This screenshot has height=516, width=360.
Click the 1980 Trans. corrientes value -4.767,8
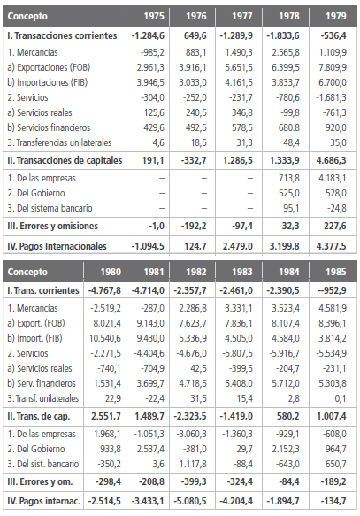coord(103,288)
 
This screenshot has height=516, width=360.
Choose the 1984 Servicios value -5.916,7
coord(290,351)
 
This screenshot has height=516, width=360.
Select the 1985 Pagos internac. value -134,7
coord(336,502)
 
